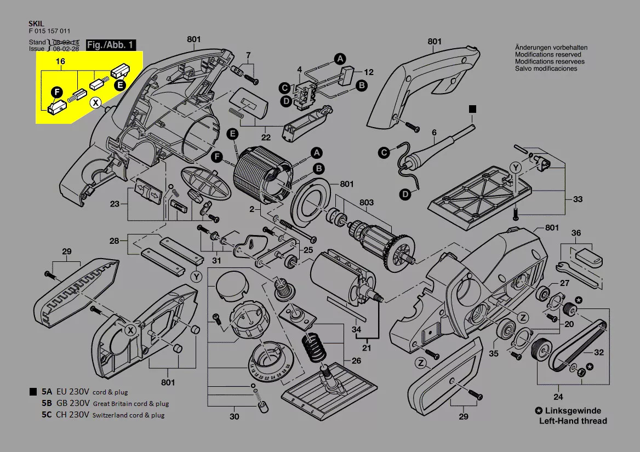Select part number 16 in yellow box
tap(60, 62)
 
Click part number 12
tap(369, 72)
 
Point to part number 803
tap(367, 203)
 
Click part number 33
tap(578, 199)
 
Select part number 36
tap(576, 233)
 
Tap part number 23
tap(115, 204)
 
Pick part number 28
tap(114, 241)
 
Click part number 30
tap(235, 416)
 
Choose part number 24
tap(558, 397)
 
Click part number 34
tap(357, 329)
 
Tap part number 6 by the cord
tap(434, 132)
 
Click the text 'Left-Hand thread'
tap(573, 421)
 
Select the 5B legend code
tap(46, 403)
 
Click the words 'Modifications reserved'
tap(550, 55)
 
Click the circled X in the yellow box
tap(96, 102)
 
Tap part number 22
tap(266, 138)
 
